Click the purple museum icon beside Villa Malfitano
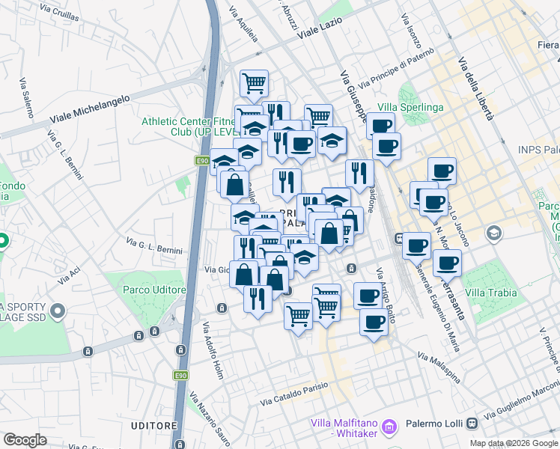pos(388,427)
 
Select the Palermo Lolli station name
pos(434,424)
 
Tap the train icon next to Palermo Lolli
pos(472,423)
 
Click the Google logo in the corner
pos(25,440)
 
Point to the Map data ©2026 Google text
pos(514,443)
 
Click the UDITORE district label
pos(153,425)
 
